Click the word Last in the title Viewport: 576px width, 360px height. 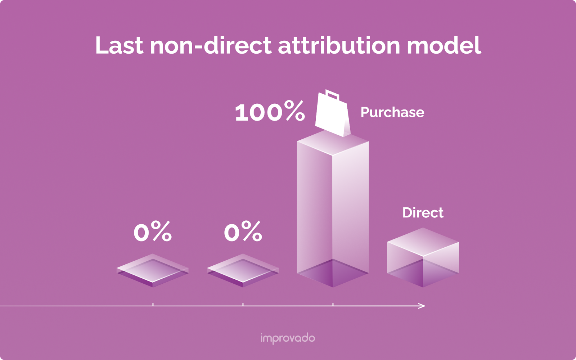pyautogui.click(x=119, y=46)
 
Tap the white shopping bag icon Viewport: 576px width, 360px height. pyautogui.click(x=332, y=117)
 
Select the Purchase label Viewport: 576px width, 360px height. pyautogui.click(x=392, y=113)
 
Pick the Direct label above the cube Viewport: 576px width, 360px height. pyautogui.click(x=423, y=213)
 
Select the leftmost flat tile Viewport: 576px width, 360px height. pyautogui.click(x=153, y=270)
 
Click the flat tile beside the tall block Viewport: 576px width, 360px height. pyautogui.click(x=243, y=270)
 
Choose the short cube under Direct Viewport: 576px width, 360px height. pyautogui.click(x=423, y=257)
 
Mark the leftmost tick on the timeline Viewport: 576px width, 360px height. pyautogui.click(x=153, y=305)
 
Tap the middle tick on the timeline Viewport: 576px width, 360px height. pyautogui.click(x=243, y=305)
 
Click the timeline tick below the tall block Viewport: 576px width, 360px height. pyautogui.click(x=333, y=305)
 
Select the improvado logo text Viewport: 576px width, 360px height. pyautogui.click(x=288, y=338)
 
